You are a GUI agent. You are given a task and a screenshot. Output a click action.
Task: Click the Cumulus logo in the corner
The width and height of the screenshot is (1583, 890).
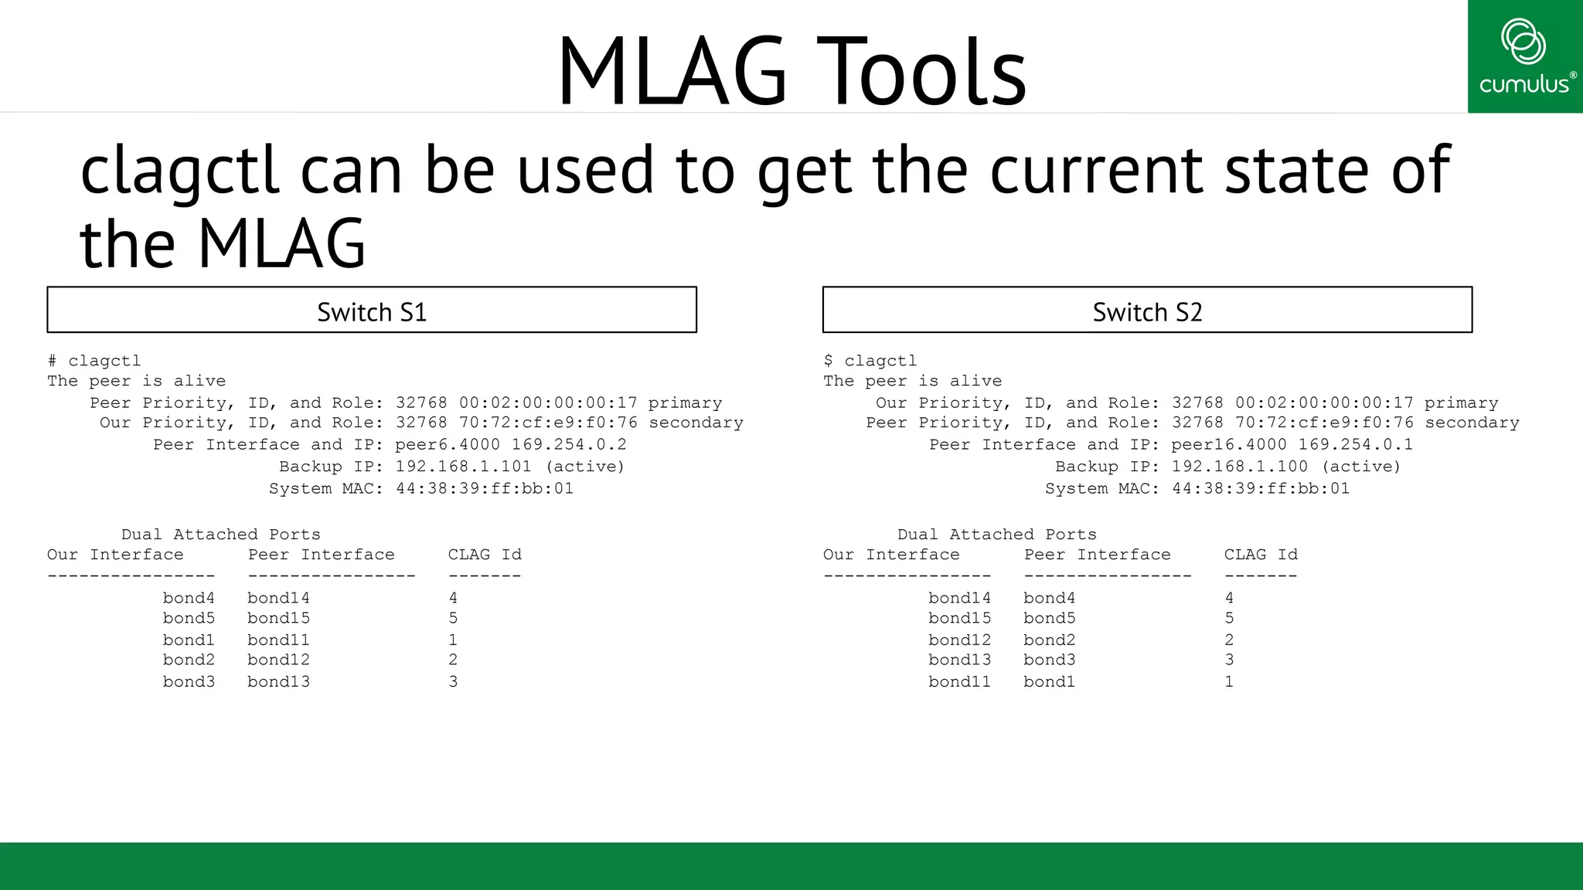tap(1525, 56)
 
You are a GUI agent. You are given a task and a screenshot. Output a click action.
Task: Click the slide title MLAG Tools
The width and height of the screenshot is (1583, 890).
tap(791, 71)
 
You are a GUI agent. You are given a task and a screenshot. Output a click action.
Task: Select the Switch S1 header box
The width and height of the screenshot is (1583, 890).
tap(372, 311)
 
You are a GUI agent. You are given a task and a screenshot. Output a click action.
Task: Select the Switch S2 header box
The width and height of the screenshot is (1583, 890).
tap(1147, 311)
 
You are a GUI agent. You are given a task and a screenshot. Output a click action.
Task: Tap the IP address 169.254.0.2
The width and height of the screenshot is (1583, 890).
tap(569, 445)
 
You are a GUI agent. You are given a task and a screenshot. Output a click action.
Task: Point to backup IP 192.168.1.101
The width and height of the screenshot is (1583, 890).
tap(464, 467)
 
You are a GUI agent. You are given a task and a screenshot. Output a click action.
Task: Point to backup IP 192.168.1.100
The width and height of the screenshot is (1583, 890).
tap(1240, 467)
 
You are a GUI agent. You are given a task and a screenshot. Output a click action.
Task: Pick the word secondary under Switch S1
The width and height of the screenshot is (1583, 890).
tap(696, 423)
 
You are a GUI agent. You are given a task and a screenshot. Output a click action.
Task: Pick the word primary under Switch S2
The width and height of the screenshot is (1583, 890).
tap(1461, 403)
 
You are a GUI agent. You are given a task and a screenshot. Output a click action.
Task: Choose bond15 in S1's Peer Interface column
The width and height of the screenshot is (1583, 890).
tap(278, 619)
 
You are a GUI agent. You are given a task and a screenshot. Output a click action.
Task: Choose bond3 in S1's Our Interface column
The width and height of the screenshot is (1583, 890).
tap(189, 682)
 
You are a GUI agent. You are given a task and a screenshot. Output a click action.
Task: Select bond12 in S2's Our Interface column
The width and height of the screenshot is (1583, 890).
tap(959, 640)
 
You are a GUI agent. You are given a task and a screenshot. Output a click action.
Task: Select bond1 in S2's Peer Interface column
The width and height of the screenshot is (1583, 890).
tap(1049, 682)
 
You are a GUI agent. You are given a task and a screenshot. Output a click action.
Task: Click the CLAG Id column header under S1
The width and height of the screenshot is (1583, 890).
tap(485, 555)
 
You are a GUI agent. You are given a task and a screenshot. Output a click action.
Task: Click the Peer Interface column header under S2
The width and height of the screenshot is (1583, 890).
tap(1097, 555)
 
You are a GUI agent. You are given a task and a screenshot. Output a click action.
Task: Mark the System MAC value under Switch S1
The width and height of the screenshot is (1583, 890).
tap(485, 489)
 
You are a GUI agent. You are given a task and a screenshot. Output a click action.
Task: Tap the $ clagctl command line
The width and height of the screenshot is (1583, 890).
tap(870, 361)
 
